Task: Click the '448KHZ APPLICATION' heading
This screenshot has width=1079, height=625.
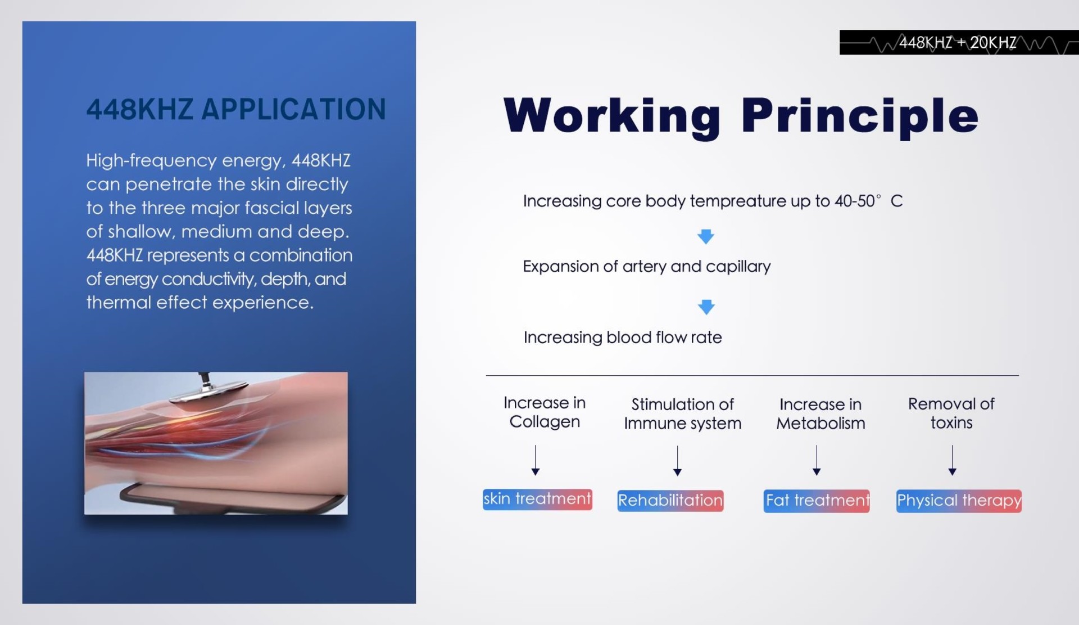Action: pos(236,109)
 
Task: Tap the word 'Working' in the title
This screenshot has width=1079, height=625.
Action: pos(612,117)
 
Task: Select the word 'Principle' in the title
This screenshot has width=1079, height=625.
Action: pos(860,117)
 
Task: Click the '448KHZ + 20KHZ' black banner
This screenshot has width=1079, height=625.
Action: pos(959,42)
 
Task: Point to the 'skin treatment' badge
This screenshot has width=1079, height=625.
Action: pos(537,500)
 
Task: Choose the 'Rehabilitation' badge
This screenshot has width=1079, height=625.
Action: pos(670,501)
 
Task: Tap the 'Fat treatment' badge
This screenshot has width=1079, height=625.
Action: pos(817,501)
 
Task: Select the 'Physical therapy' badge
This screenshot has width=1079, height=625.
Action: pos(959,501)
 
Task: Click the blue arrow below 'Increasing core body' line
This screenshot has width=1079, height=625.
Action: pos(706,236)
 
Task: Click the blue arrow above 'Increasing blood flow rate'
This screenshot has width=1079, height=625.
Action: pos(706,307)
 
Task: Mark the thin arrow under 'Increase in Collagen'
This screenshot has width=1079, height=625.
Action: pos(536,460)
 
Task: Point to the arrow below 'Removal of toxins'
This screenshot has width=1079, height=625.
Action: pos(952,460)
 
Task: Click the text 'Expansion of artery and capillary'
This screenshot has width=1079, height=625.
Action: pos(646,267)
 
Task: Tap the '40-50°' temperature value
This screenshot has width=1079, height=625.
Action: pos(858,201)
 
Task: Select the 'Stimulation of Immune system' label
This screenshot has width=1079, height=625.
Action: pos(682,413)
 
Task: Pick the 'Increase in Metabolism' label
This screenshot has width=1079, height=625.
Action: pos(820,413)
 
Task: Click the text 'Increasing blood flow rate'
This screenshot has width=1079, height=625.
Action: pos(623,338)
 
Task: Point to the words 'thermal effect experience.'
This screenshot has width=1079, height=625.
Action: pos(200,303)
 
